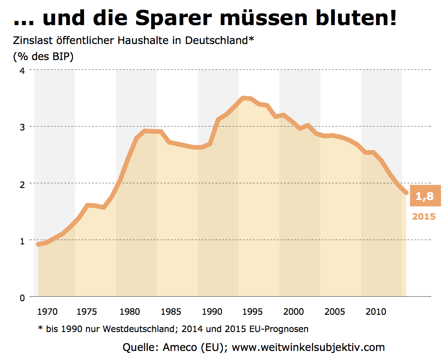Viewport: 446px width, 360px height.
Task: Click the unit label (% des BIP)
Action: pos(43,56)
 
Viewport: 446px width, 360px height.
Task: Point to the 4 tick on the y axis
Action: pos(22,70)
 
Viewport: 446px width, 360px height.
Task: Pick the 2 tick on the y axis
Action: pos(22,184)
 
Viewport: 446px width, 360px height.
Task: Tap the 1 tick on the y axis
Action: pos(22,241)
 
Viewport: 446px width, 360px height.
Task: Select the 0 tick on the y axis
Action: pos(22,297)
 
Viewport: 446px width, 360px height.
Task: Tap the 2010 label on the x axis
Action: pos(375,311)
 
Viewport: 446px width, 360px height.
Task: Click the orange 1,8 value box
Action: pos(424,196)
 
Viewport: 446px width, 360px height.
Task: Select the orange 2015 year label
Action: pos(424,216)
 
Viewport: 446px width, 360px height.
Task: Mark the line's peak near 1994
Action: pos(244,98)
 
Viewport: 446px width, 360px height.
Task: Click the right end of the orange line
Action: pos(406,193)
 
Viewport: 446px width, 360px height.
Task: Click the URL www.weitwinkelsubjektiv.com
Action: pos(308,347)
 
